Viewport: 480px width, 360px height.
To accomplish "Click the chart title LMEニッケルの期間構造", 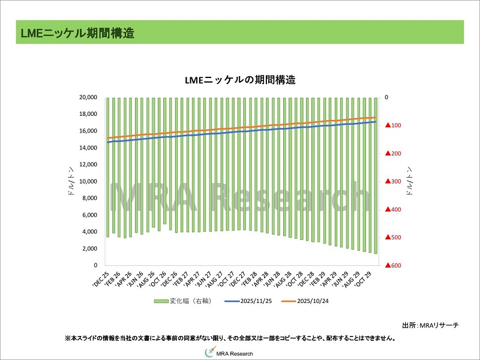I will pos(240,80).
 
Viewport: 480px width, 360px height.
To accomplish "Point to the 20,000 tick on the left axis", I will pos(88,97).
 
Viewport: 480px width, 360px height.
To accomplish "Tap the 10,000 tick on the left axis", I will pos(88,181).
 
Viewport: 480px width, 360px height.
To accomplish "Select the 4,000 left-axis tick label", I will pos(90,232).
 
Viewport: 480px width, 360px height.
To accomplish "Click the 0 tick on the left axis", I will pos(95,265).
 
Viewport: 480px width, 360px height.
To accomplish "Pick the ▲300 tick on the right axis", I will pos(394,181).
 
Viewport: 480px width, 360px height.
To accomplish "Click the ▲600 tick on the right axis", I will pos(394,265).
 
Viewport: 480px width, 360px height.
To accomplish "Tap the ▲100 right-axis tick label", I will pos(394,125).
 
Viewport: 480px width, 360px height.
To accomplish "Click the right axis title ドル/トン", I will pos(410,181).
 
